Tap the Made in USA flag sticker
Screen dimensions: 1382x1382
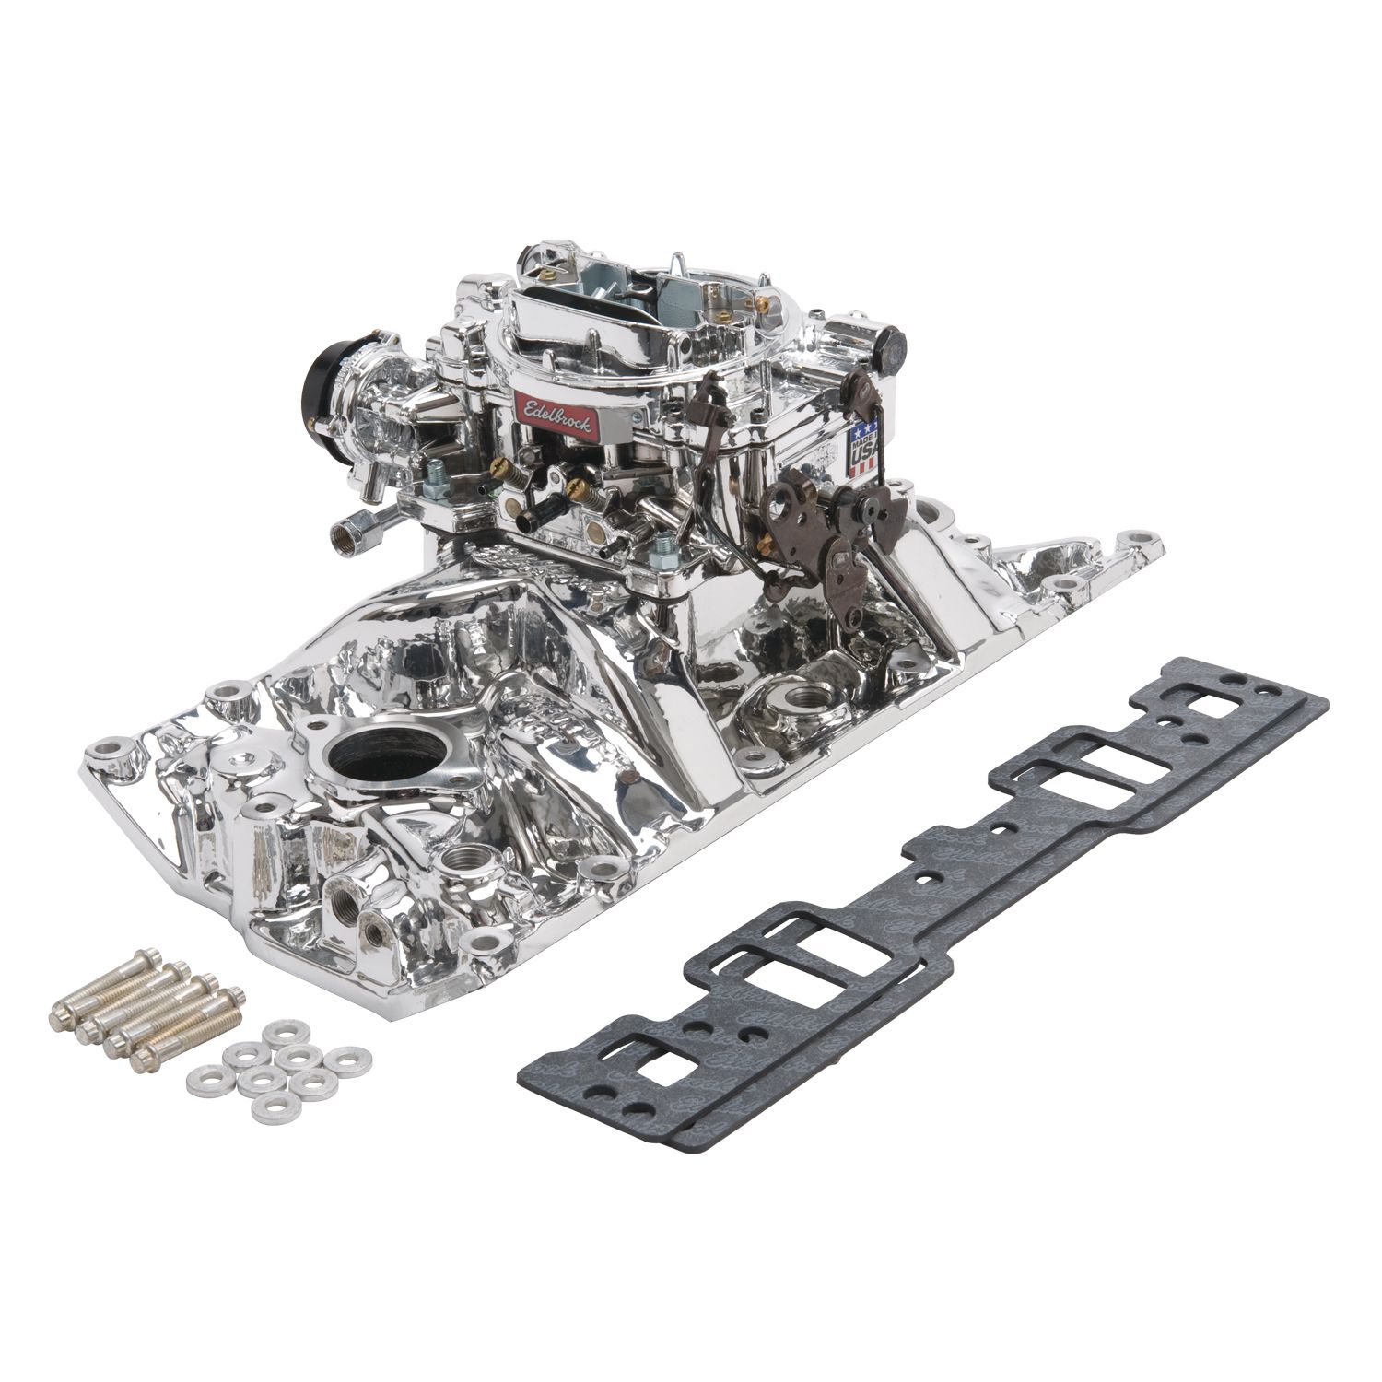[867, 449]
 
